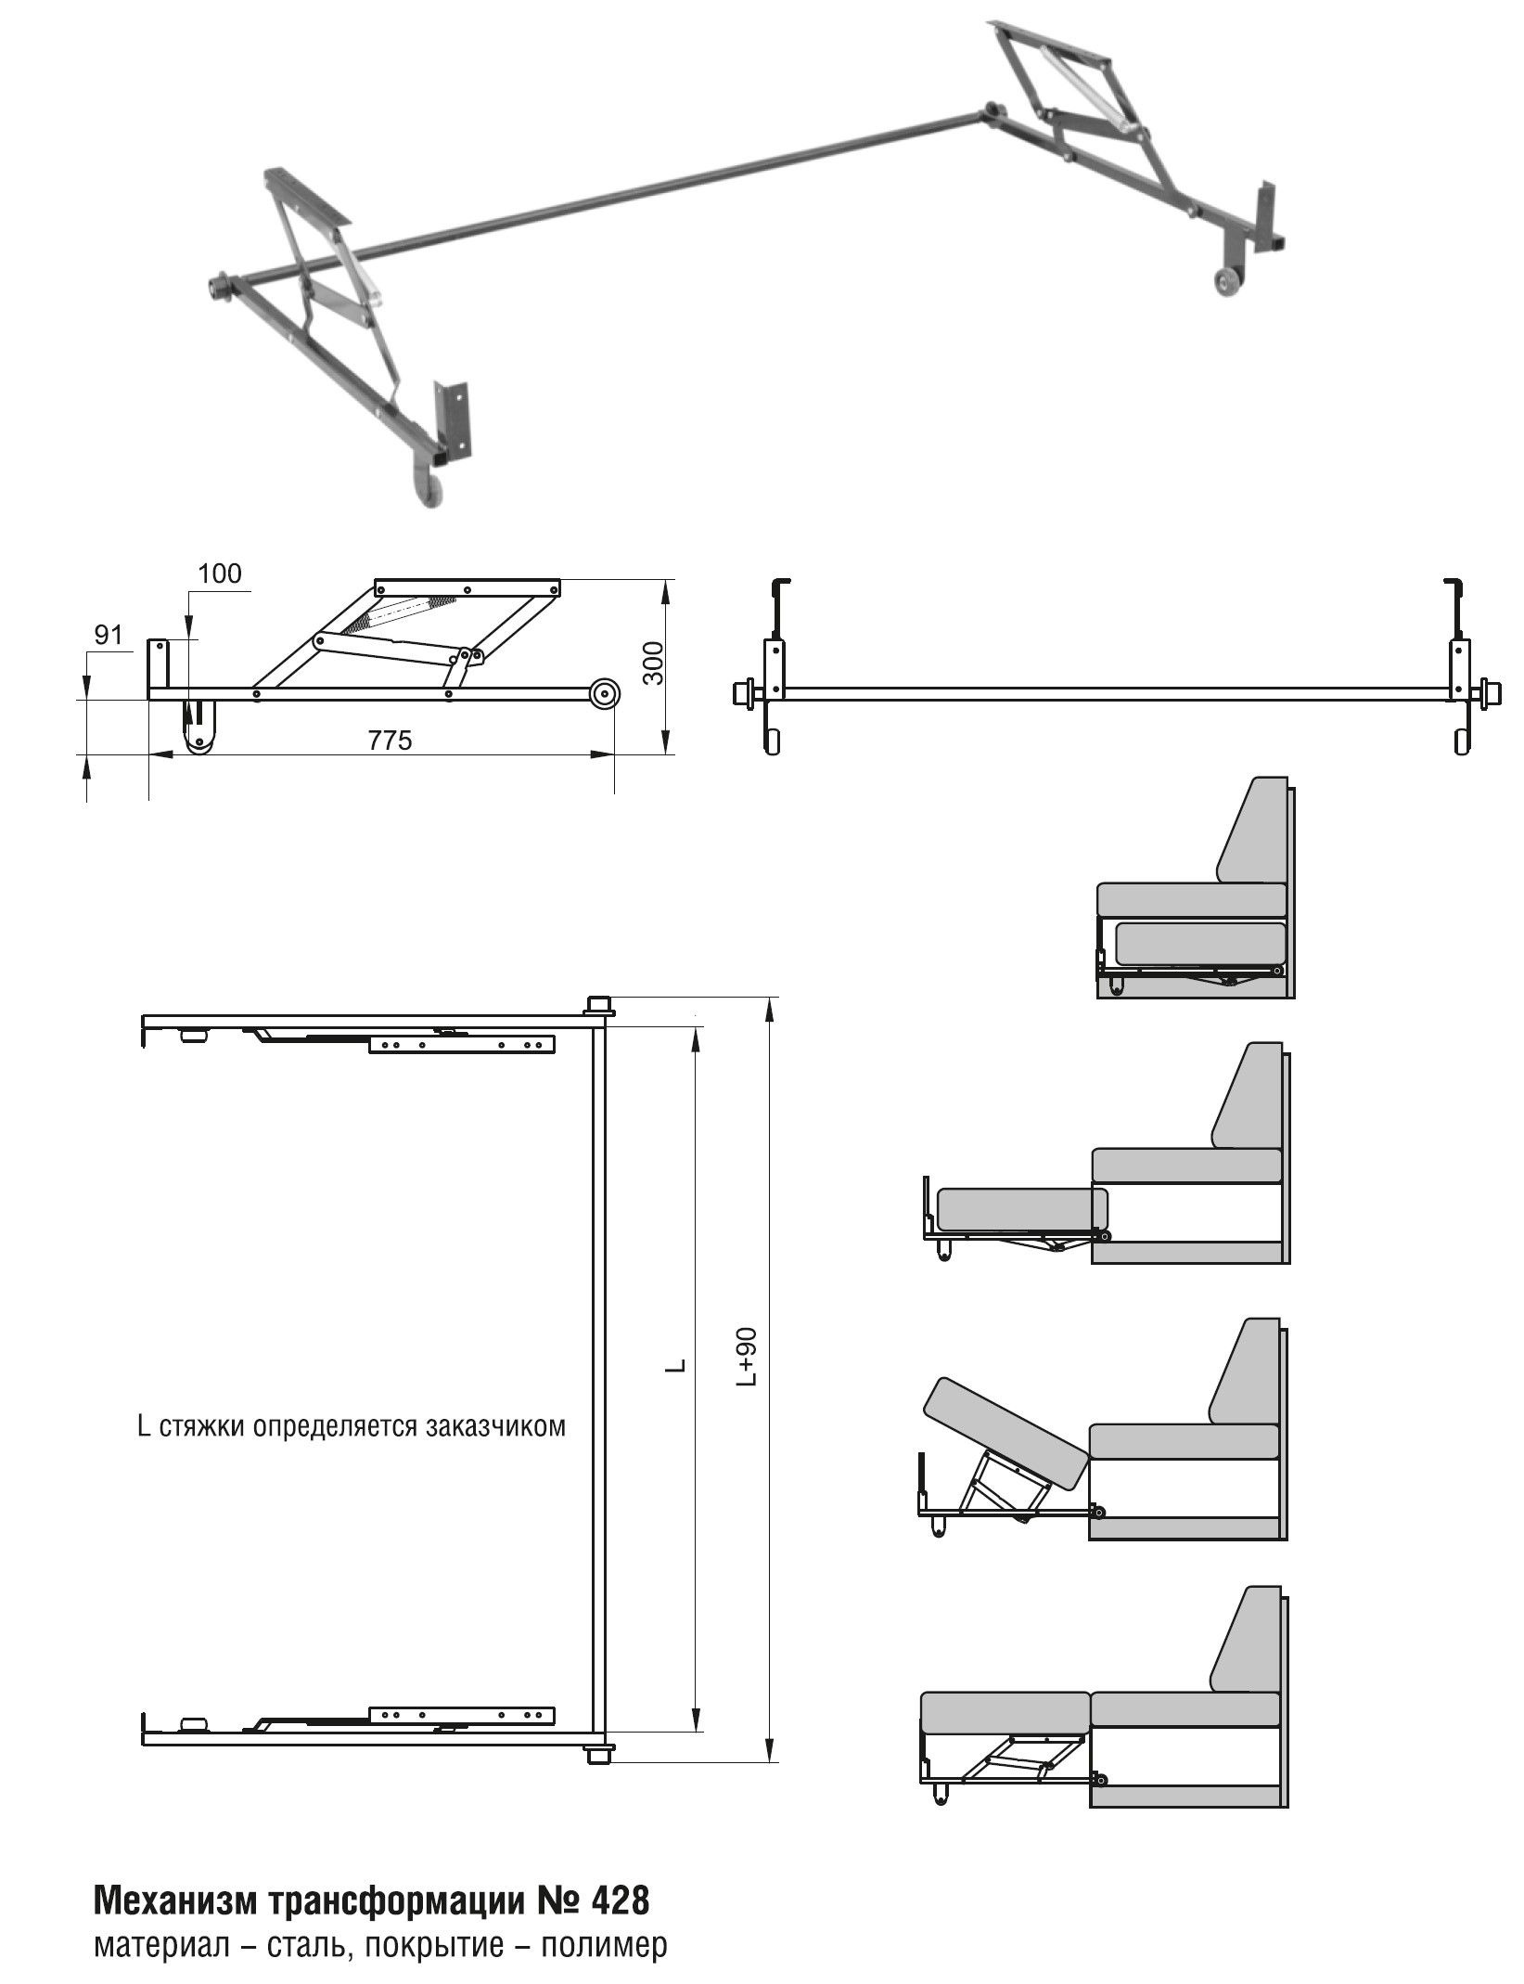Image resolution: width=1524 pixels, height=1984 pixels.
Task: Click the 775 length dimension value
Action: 390,741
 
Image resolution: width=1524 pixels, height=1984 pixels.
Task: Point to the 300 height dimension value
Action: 654,663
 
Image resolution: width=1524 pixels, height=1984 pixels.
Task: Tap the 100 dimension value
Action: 220,573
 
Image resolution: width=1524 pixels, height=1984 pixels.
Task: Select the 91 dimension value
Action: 109,635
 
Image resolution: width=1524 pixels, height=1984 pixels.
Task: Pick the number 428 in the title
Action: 619,1901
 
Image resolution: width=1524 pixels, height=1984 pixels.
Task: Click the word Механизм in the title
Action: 175,1901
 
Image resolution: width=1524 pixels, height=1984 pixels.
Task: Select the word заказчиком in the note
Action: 496,1425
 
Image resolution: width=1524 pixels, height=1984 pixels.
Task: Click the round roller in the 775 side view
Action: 604,693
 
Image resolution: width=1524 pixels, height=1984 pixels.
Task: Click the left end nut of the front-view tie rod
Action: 744,692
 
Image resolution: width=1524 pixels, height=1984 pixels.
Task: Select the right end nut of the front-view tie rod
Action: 1491,692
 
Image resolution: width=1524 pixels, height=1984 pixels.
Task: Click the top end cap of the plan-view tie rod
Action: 598,1005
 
